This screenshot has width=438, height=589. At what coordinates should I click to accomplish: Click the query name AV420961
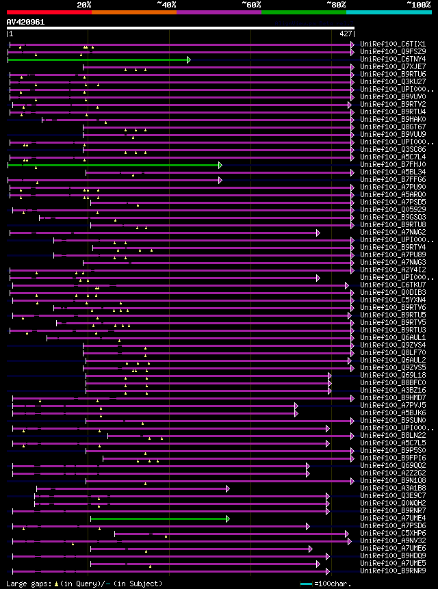[x=26, y=22]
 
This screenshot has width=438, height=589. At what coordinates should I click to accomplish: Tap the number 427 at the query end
[x=346, y=34]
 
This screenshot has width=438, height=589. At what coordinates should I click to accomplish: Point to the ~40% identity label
[x=166, y=5]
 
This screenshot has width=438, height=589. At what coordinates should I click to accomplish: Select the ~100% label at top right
[x=418, y=5]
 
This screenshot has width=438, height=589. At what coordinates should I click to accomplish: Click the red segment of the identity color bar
[x=49, y=12]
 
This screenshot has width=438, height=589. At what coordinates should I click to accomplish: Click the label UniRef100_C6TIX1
[x=393, y=44]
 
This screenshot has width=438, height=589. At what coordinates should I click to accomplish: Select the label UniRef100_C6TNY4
[x=393, y=60]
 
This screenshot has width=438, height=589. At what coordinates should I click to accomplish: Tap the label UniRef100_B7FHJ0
[x=393, y=165]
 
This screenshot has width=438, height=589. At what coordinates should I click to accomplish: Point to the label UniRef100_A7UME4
[x=393, y=519]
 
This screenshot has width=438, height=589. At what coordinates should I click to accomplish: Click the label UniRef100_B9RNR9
[x=393, y=571]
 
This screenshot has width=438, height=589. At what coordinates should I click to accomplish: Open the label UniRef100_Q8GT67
[x=393, y=127]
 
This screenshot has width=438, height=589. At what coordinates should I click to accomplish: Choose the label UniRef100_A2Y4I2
[x=393, y=270]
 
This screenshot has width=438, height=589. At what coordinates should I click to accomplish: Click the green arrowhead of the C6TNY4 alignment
[x=188, y=60]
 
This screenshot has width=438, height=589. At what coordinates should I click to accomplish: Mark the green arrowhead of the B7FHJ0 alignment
[x=220, y=165]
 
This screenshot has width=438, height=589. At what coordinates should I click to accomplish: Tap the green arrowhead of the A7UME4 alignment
[x=227, y=519]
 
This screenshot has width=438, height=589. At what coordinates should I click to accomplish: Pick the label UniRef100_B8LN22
[x=393, y=436]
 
